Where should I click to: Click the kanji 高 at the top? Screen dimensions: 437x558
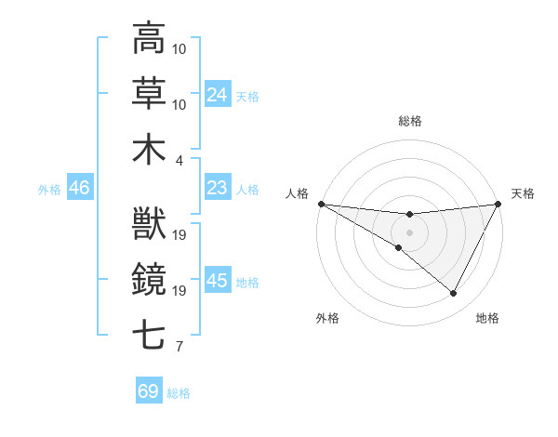[149, 39]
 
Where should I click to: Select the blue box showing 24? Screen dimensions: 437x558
[218, 95]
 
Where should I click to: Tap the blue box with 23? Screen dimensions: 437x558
[218, 189]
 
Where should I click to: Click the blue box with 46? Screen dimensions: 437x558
[79, 189]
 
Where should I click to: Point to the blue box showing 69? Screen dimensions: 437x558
[149, 391]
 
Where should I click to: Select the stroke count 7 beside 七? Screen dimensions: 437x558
[179, 347]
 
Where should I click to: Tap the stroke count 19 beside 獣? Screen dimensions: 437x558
[180, 234]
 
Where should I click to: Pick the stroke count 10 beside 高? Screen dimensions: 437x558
[180, 48]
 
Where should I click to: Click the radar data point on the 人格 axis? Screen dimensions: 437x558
[321, 204]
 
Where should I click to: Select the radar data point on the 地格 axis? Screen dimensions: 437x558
[454, 294]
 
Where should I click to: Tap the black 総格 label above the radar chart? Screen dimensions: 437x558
[409, 121]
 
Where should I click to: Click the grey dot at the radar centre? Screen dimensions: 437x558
[409, 231]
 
